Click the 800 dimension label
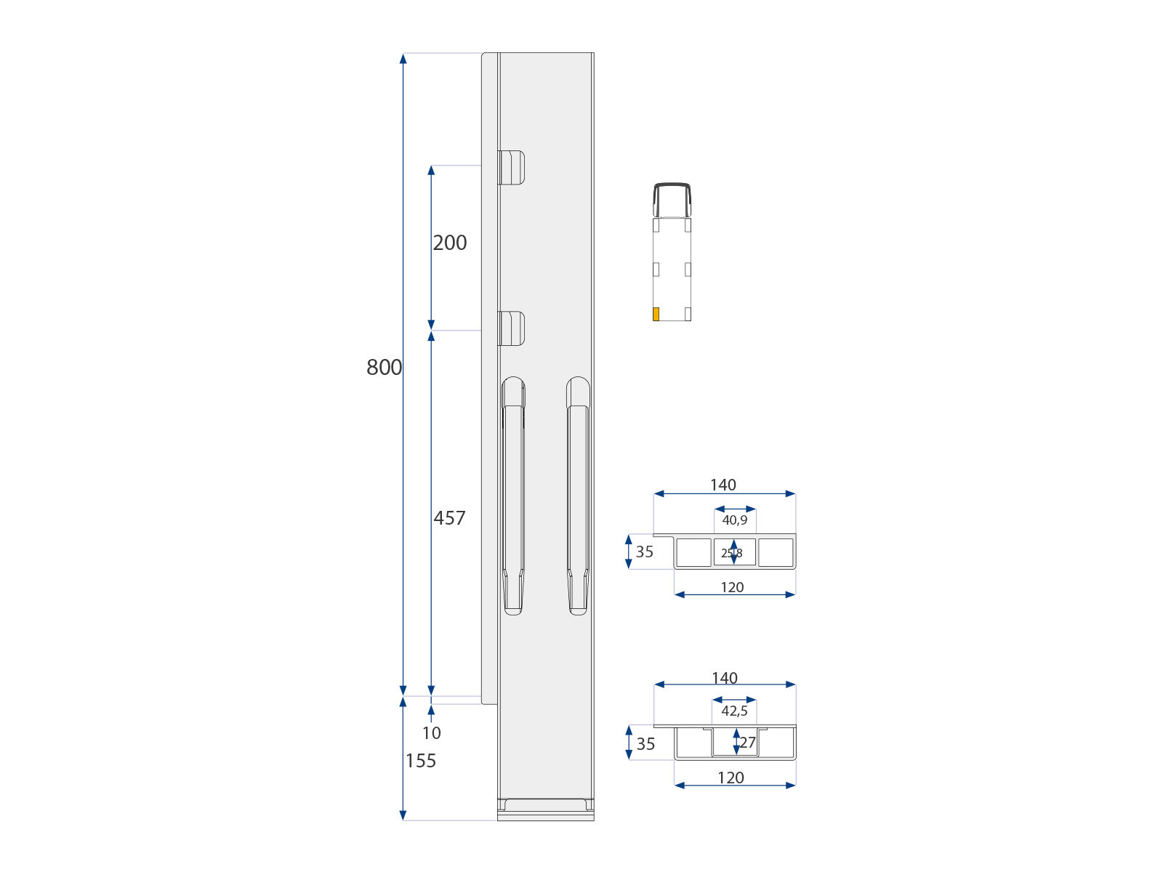pyautogui.click(x=384, y=368)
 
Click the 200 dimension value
pyautogui.click(x=450, y=243)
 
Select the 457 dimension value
pyautogui.click(x=449, y=518)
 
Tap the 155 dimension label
pyautogui.click(x=421, y=761)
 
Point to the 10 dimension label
pyautogui.click(x=431, y=733)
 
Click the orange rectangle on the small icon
pyautogui.click(x=656, y=314)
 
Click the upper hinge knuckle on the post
pyautogui.click(x=511, y=168)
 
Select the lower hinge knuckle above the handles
pyautogui.click(x=511, y=328)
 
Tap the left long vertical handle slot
pyautogui.click(x=513, y=501)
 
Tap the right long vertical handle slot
pyautogui.click(x=578, y=501)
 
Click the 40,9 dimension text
pyautogui.click(x=734, y=520)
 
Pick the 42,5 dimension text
pyautogui.click(x=734, y=711)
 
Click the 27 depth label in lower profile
pyautogui.click(x=748, y=743)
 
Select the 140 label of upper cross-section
pyautogui.click(x=723, y=485)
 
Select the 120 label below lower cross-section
pyautogui.click(x=731, y=778)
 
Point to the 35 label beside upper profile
pyautogui.click(x=645, y=552)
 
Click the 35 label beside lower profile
pyautogui.click(x=645, y=744)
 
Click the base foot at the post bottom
pyautogui.click(x=545, y=808)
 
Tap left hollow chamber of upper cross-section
pyautogui.click(x=694, y=552)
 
